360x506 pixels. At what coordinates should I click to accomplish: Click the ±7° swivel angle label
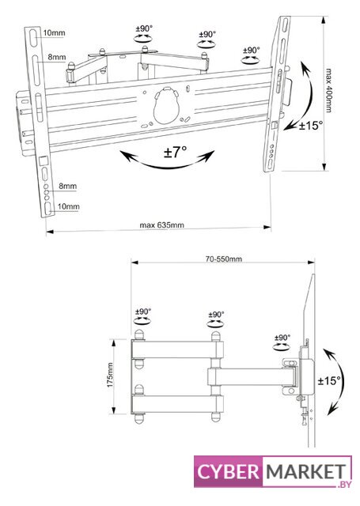[x=176, y=152]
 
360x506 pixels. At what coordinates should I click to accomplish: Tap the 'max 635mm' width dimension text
[x=161, y=225]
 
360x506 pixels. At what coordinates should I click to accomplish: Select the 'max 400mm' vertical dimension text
[x=328, y=90]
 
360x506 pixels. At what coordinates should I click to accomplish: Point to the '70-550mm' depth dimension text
[x=224, y=259]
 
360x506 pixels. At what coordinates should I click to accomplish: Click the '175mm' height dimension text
[x=110, y=376]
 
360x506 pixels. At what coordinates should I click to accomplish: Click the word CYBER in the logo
[x=229, y=472]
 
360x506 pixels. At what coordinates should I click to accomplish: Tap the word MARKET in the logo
[x=306, y=472]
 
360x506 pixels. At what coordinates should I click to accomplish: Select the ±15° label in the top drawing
[x=311, y=125]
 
